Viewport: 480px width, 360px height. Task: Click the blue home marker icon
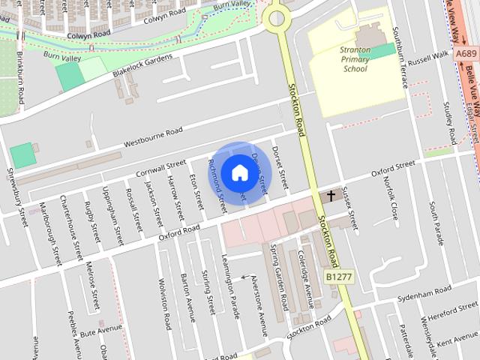pos(238,172)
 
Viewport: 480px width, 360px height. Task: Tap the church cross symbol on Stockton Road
pos(331,196)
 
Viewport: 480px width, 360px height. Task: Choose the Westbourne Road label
pos(153,136)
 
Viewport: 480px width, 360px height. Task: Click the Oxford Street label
pos(393,168)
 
